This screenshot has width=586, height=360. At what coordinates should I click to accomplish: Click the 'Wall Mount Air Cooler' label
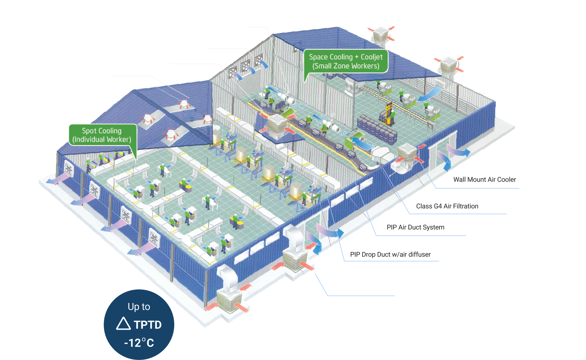[x=485, y=179]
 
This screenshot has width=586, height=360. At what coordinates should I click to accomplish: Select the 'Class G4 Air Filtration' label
[x=447, y=206]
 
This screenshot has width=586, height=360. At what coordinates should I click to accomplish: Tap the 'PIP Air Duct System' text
[x=415, y=227]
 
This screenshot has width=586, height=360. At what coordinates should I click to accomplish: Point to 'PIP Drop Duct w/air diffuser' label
[x=390, y=254]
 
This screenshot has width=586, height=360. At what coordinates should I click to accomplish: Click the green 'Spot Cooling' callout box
[x=103, y=135]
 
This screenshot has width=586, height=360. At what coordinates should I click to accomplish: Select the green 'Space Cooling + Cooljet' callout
[x=346, y=61]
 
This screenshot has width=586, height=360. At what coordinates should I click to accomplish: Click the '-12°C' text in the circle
[x=139, y=343]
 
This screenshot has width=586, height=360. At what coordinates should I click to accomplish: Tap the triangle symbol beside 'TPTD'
[x=124, y=323]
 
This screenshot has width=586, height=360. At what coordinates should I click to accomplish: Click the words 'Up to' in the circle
[x=139, y=307]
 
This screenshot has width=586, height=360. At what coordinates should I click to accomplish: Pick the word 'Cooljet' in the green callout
[x=371, y=57]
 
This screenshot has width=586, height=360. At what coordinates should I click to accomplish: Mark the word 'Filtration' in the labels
[x=466, y=206]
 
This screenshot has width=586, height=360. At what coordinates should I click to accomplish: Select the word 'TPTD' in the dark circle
[x=148, y=325]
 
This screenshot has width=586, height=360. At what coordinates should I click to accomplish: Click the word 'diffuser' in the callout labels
[x=419, y=254]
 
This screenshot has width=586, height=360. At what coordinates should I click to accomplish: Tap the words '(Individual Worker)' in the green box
[x=102, y=139]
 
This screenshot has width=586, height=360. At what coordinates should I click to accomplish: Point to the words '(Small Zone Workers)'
[x=346, y=66]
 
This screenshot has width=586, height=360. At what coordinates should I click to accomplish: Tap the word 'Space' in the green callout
[x=317, y=57]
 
